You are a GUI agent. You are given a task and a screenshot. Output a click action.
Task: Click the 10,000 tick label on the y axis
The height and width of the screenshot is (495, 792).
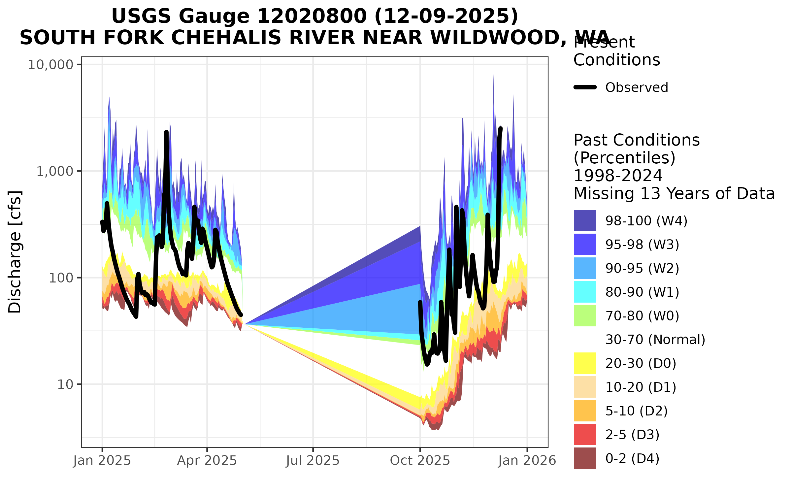pos(50,65)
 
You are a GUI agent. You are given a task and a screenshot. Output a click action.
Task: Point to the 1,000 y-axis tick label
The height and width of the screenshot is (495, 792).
pos(54,172)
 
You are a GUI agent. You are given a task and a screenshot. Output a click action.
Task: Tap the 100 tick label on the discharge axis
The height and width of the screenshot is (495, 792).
pos(61,278)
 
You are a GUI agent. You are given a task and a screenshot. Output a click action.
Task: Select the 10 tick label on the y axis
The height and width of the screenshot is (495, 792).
pos(65,385)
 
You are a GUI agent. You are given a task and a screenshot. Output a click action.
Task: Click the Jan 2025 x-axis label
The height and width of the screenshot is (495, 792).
pos(102,461)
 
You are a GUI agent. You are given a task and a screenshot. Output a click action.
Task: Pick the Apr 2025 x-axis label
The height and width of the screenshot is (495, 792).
pos(207,461)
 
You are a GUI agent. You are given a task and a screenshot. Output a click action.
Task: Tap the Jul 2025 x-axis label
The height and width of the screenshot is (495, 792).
pos(313,461)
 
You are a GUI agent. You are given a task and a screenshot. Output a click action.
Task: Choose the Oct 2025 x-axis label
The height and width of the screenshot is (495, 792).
pos(420,461)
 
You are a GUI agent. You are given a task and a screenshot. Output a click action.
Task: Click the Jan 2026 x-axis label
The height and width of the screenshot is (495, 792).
pos(527,461)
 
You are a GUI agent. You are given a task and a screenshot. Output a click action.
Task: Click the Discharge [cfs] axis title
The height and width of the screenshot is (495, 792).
pos(15,251)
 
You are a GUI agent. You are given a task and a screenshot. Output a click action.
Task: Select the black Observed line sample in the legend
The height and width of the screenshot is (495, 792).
pos(585,87)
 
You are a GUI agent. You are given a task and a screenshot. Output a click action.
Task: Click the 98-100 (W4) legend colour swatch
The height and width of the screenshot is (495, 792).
pos(585,220)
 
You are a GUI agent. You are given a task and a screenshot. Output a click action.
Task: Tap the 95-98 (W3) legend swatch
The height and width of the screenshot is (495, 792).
pos(585,245)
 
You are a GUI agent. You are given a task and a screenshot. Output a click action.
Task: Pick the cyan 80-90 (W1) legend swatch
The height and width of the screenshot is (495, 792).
pos(585,292)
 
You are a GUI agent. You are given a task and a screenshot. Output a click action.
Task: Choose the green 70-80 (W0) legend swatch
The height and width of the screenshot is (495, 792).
pos(585,316)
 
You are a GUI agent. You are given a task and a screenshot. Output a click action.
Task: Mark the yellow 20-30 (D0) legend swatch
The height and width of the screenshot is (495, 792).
pos(585,363)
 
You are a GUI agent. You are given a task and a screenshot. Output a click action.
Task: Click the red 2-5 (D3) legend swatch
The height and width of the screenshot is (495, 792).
pos(585,435)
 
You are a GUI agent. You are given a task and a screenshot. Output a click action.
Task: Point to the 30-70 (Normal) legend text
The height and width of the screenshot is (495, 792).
pos(655,340)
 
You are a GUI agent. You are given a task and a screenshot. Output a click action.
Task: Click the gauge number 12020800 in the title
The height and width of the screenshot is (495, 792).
pos(312,16)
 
